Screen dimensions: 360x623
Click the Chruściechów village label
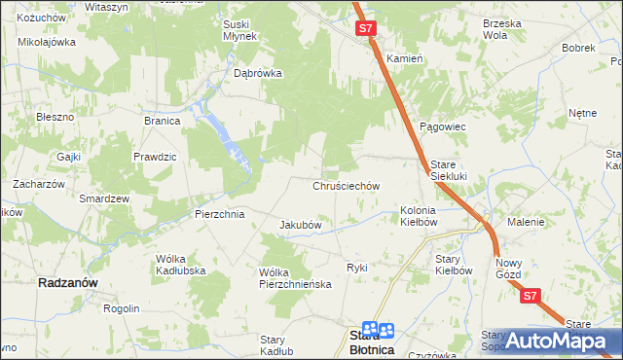346,185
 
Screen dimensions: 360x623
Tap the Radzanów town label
65,282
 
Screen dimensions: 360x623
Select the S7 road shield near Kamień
366,29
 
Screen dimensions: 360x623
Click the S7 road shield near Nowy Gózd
530,296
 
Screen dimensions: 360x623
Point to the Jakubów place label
301,225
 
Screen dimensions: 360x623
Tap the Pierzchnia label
219,214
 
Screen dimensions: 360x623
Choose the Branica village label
163,121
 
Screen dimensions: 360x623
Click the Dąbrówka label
258,72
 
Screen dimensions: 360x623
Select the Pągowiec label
444,127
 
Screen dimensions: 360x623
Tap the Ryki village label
357,267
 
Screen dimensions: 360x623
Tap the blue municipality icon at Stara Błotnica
379,332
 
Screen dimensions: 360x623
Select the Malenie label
525,222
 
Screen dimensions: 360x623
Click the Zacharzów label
38,183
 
